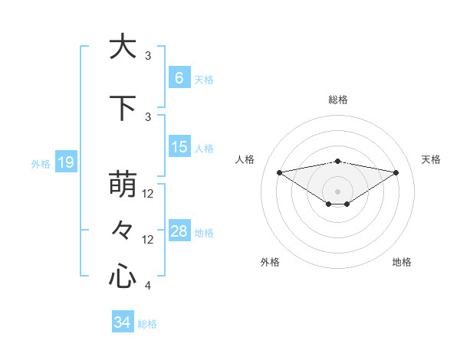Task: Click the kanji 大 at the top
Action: [x=122, y=47]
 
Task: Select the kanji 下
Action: [x=122, y=109]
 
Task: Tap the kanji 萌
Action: [x=122, y=186]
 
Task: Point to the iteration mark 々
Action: [x=122, y=230]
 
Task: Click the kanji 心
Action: [x=122, y=276]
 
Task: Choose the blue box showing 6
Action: [x=179, y=78]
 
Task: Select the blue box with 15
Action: [x=179, y=147]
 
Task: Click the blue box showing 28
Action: [x=179, y=231]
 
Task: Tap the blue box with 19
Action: [x=65, y=162]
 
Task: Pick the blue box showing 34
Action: [x=122, y=322]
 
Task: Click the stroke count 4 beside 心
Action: [x=148, y=286]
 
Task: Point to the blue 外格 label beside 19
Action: [x=41, y=163]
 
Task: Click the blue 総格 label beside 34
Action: [x=147, y=324]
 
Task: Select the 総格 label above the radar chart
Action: [x=337, y=100]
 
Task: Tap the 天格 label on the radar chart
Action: [x=432, y=159]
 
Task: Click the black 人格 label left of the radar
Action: [x=245, y=159]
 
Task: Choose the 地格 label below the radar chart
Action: [x=402, y=262]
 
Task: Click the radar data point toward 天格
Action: [x=396, y=172]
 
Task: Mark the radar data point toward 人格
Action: [x=279, y=172]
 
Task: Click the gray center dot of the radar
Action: [x=337, y=191]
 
